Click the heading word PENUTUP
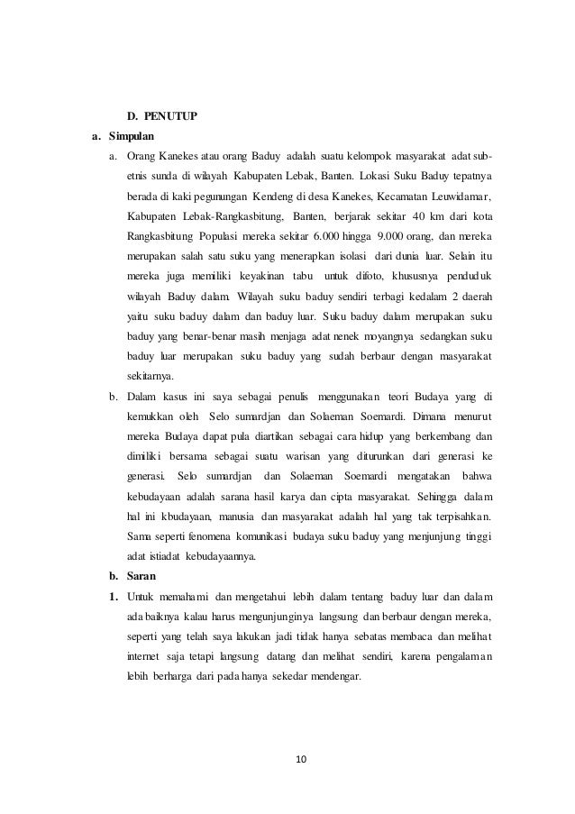[x=173, y=116]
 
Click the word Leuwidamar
[x=461, y=196]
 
